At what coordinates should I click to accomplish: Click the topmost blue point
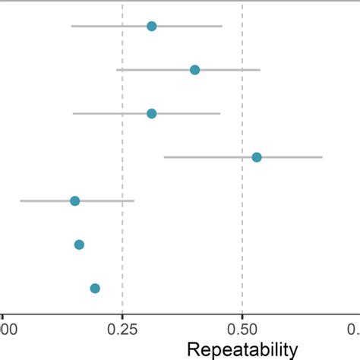point(151,27)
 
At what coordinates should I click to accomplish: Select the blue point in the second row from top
point(194,70)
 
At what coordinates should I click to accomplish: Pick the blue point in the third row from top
point(151,113)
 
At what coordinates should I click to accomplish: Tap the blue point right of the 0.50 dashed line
point(257,157)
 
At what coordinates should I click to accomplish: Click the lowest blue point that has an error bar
point(74,201)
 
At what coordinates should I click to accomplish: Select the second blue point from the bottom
point(79,245)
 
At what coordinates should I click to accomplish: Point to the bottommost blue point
point(95,288)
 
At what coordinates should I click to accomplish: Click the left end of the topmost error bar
point(71,27)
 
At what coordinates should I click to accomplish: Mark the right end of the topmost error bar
point(222,27)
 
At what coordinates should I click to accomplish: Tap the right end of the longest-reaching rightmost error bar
point(322,157)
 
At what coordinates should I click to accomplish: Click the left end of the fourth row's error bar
point(164,157)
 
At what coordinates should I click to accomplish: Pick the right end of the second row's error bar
point(260,70)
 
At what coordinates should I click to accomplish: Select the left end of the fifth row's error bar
point(21,201)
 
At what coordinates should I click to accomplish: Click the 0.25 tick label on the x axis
point(122,330)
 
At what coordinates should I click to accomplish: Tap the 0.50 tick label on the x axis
point(242,330)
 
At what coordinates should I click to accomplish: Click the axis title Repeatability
point(242,350)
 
